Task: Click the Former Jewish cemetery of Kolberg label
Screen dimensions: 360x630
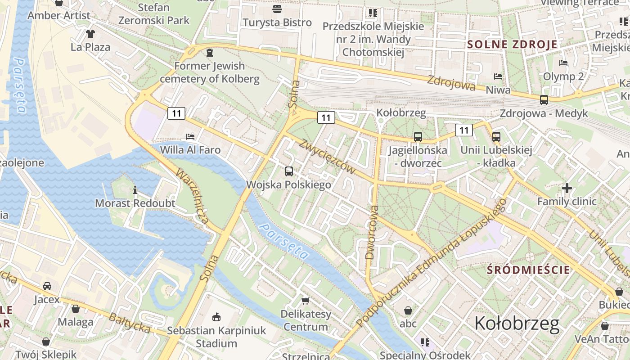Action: [x=209, y=72]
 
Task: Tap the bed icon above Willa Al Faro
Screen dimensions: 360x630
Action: [x=190, y=136]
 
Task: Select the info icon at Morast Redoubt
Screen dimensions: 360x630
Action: [x=135, y=190]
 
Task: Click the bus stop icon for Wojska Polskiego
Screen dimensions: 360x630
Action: [x=289, y=171]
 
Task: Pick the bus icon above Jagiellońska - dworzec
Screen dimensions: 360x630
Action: [x=418, y=137]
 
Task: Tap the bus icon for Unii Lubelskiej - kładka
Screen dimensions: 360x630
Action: [x=496, y=137]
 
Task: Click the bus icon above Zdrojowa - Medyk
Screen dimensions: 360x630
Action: [x=544, y=100]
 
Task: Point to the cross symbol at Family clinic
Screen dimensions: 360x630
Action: [x=567, y=188]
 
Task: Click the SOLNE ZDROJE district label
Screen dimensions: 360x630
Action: [x=512, y=44]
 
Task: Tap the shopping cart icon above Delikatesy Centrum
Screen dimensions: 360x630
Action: [x=306, y=301]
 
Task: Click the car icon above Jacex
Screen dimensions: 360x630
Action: [x=47, y=286]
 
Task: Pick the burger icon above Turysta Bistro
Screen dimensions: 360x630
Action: [x=277, y=9]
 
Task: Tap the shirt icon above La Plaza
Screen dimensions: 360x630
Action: [x=90, y=33]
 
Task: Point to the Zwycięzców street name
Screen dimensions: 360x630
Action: [x=327, y=156]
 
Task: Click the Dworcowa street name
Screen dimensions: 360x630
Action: [x=372, y=233]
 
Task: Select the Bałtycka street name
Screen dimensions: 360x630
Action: [x=130, y=323]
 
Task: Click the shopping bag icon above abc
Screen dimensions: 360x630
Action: [x=408, y=310]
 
